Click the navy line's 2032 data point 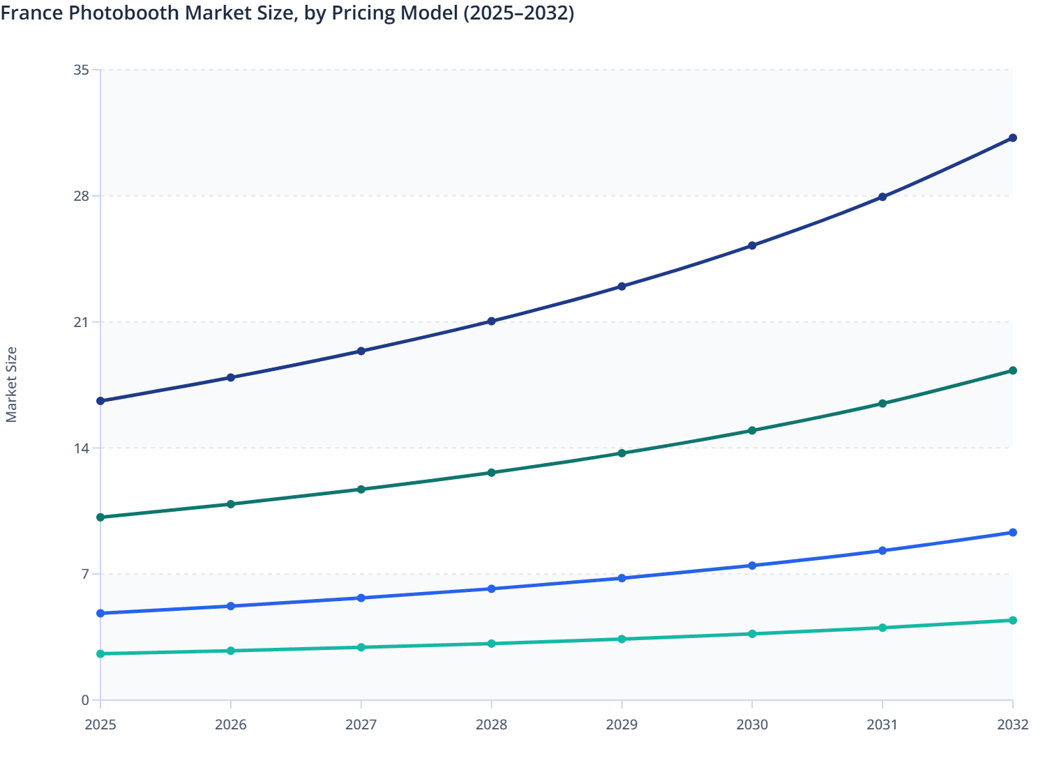pyautogui.click(x=1012, y=138)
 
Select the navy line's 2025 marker pyautogui.click(x=100, y=401)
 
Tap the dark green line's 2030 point pyautogui.click(x=752, y=430)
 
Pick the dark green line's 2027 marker pyautogui.click(x=361, y=490)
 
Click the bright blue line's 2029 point pyautogui.click(x=622, y=578)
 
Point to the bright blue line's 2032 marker pyautogui.click(x=1012, y=533)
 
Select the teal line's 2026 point pyautogui.click(x=231, y=651)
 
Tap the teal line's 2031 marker pyautogui.click(x=882, y=628)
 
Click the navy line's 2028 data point pyautogui.click(x=491, y=321)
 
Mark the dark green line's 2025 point pyautogui.click(x=100, y=517)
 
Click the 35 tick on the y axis pyautogui.click(x=81, y=70)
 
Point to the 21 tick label pyautogui.click(x=81, y=322)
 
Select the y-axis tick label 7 pyautogui.click(x=85, y=574)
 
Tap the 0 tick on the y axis pyautogui.click(x=85, y=700)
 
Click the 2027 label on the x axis pyautogui.click(x=361, y=725)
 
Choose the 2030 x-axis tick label pyautogui.click(x=752, y=725)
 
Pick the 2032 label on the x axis pyautogui.click(x=1012, y=725)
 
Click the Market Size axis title pyautogui.click(x=11, y=385)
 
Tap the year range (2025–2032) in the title pyautogui.click(x=518, y=13)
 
